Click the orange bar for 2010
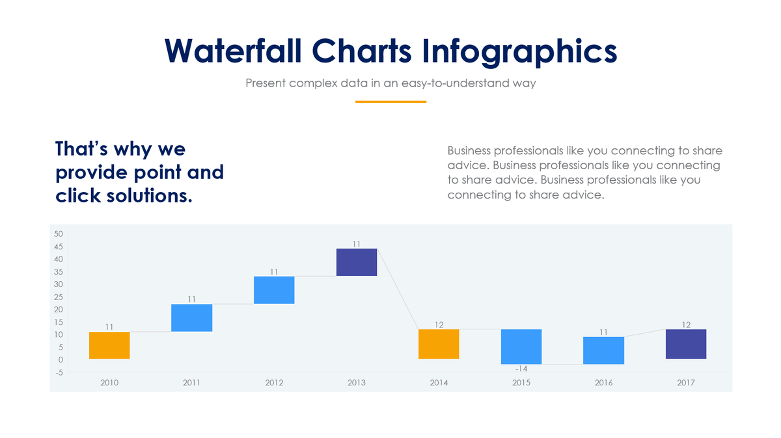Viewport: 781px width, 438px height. coord(109,346)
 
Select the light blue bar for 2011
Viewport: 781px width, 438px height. coord(191,318)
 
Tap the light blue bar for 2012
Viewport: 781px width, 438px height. coord(274,290)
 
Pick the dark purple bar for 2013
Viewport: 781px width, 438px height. coord(356,262)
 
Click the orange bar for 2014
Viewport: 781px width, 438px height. coord(439,344)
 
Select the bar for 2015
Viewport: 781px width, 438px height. coord(521,346)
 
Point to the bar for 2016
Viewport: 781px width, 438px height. coord(603,350)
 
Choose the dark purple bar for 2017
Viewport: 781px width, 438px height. coord(686,344)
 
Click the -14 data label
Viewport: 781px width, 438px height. coord(521,369)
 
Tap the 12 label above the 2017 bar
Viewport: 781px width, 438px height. coord(686,324)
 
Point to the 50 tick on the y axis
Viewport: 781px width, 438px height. coord(59,234)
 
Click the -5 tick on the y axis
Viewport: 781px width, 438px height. coord(59,372)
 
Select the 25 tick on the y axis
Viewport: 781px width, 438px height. coord(59,297)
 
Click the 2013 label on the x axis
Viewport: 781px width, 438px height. coord(356,383)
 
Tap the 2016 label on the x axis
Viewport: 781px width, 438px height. coord(603,383)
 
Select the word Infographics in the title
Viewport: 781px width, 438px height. coord(518,50)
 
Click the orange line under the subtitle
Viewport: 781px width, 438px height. coord(390,102)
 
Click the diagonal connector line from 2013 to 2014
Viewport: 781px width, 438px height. coord(398,290)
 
